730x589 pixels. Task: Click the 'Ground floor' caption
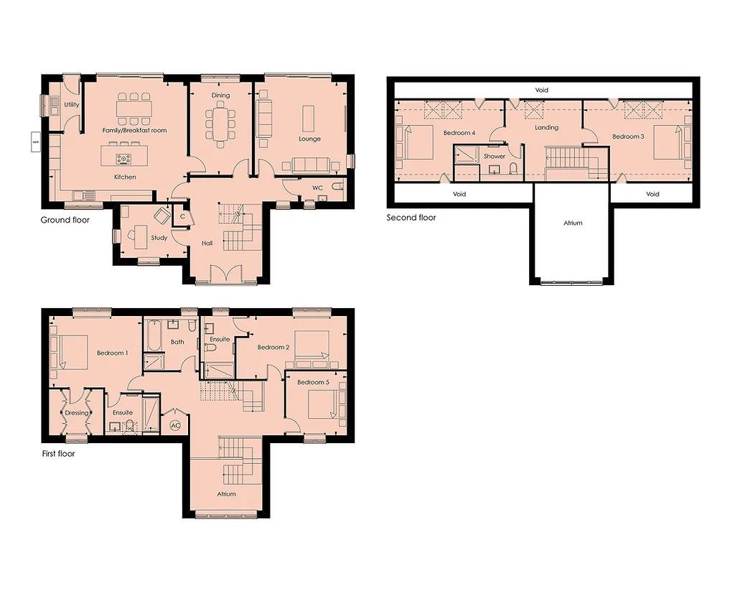pos(65,220)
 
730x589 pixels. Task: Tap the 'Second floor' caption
pos(411,217)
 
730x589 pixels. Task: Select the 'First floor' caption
pos(58,453)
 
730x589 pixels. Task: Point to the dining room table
pos(220,123)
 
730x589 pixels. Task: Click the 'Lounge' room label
pos(310,139)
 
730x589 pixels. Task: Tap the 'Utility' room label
pos(71,105)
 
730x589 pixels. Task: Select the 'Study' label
pos(159,238)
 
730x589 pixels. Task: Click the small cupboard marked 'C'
pos(182,216)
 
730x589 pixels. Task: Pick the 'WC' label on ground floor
pos(317,187)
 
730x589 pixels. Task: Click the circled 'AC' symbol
pos(174,425)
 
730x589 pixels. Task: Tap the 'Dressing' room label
pos(77,413)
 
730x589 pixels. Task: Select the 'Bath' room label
pos(177,342)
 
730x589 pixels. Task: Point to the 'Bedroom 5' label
pos(313,382)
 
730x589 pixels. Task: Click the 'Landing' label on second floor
pos(546,128)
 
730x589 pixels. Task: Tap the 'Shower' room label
pos(494,156)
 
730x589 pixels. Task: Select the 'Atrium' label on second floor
pos(572,223)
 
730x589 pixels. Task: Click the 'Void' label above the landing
pos(542,91)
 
